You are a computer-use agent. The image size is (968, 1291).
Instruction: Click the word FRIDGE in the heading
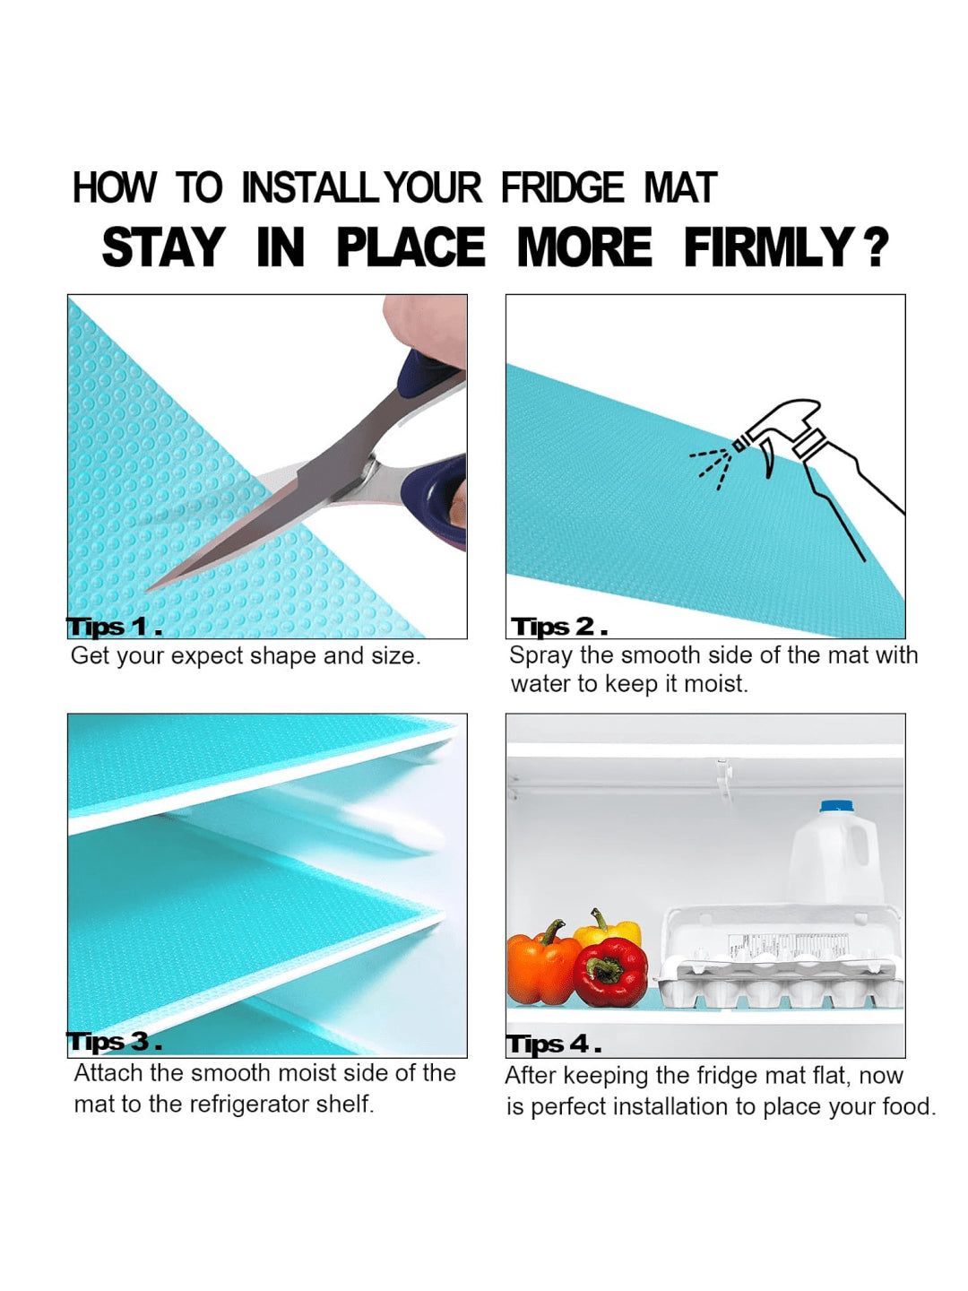click(562, 187)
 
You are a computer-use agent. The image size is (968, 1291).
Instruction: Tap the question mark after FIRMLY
click(875, 247)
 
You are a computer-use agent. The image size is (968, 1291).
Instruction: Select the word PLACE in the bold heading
click(411, 247)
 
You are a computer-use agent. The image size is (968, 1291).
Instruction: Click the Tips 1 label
click(114, 627)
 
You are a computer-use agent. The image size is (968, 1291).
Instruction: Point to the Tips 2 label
click(559, 627)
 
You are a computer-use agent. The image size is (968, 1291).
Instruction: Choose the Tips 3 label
click(114, 1042)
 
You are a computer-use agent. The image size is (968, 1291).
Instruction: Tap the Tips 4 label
click(554, 1044)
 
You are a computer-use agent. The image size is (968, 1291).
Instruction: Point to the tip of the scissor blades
click(148, 588)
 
